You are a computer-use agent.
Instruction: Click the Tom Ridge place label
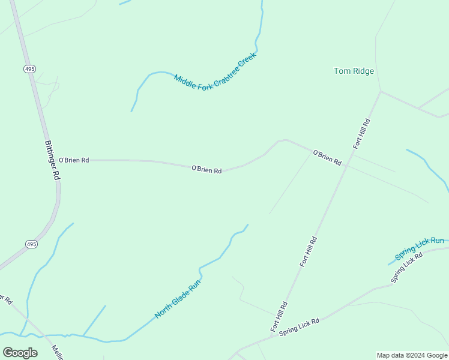(354, 71)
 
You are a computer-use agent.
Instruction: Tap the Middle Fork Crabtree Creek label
(215, 71)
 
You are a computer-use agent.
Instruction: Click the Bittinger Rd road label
(53, 160)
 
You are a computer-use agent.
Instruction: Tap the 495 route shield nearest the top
(29, 70)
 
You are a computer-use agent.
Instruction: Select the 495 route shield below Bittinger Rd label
(32, 244)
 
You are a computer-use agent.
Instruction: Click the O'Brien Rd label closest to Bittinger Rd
(74, 160)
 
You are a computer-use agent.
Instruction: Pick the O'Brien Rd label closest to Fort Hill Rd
(327, 158)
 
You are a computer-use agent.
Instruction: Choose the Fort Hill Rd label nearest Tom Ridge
(362, 133)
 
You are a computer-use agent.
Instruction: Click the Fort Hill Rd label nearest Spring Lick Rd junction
(279, 317)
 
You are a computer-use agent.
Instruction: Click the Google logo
(20, 353)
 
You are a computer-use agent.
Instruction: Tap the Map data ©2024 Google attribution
(412, 355)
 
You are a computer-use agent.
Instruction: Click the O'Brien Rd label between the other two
(206, 170)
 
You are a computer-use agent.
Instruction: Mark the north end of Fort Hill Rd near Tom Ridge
(380, 91)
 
